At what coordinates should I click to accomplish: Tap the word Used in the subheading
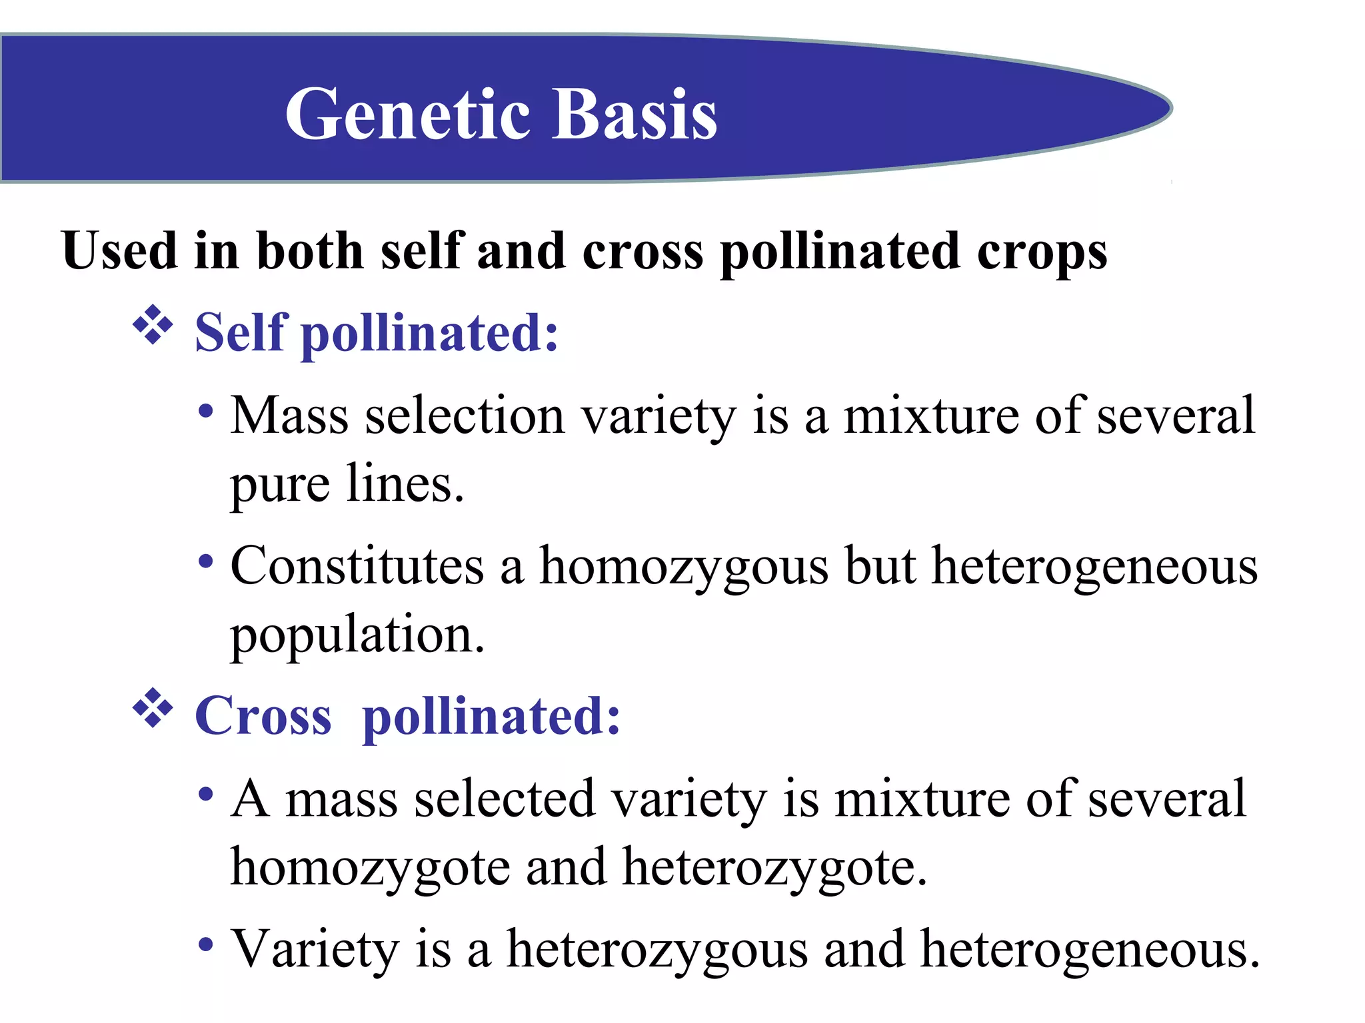[119, 250]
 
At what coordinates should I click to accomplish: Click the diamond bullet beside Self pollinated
[153, 325]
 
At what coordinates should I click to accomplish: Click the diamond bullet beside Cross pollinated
[153, 708]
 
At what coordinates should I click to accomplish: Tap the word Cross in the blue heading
[263, 716]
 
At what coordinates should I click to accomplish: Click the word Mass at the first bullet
[289, 416]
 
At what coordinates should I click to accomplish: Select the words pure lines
[347, 485]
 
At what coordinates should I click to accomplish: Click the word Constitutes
[357, 566]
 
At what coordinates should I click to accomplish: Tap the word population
[357, 636]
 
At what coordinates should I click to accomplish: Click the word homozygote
[370, 868]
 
